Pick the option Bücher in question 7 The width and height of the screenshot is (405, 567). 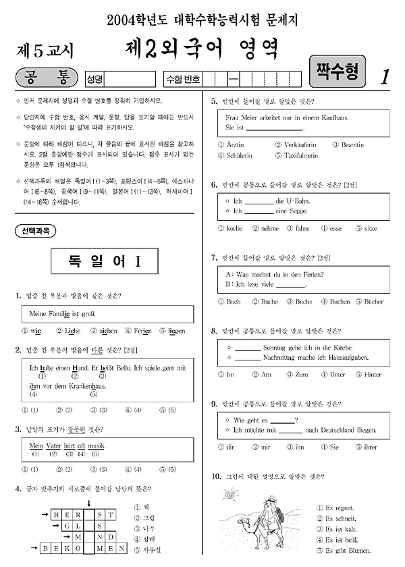coord(373,301)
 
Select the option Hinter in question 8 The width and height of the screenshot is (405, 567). coord(372,374)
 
